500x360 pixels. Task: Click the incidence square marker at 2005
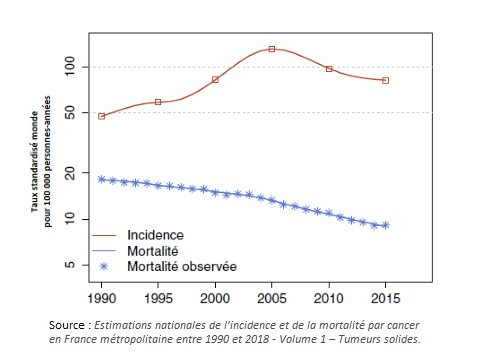(x=272, y=48)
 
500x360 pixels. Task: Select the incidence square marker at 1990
(x=102, y=116)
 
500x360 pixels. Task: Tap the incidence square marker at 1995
(x=158, y=102)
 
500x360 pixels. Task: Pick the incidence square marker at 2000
(x=215, y=80)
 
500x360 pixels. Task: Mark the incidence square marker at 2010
(x=329, y=68)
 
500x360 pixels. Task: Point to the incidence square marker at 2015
(x=386, y=80)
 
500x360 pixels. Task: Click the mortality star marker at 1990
(x=102, y=179)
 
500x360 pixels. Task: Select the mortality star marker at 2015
(x=386, y=226)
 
